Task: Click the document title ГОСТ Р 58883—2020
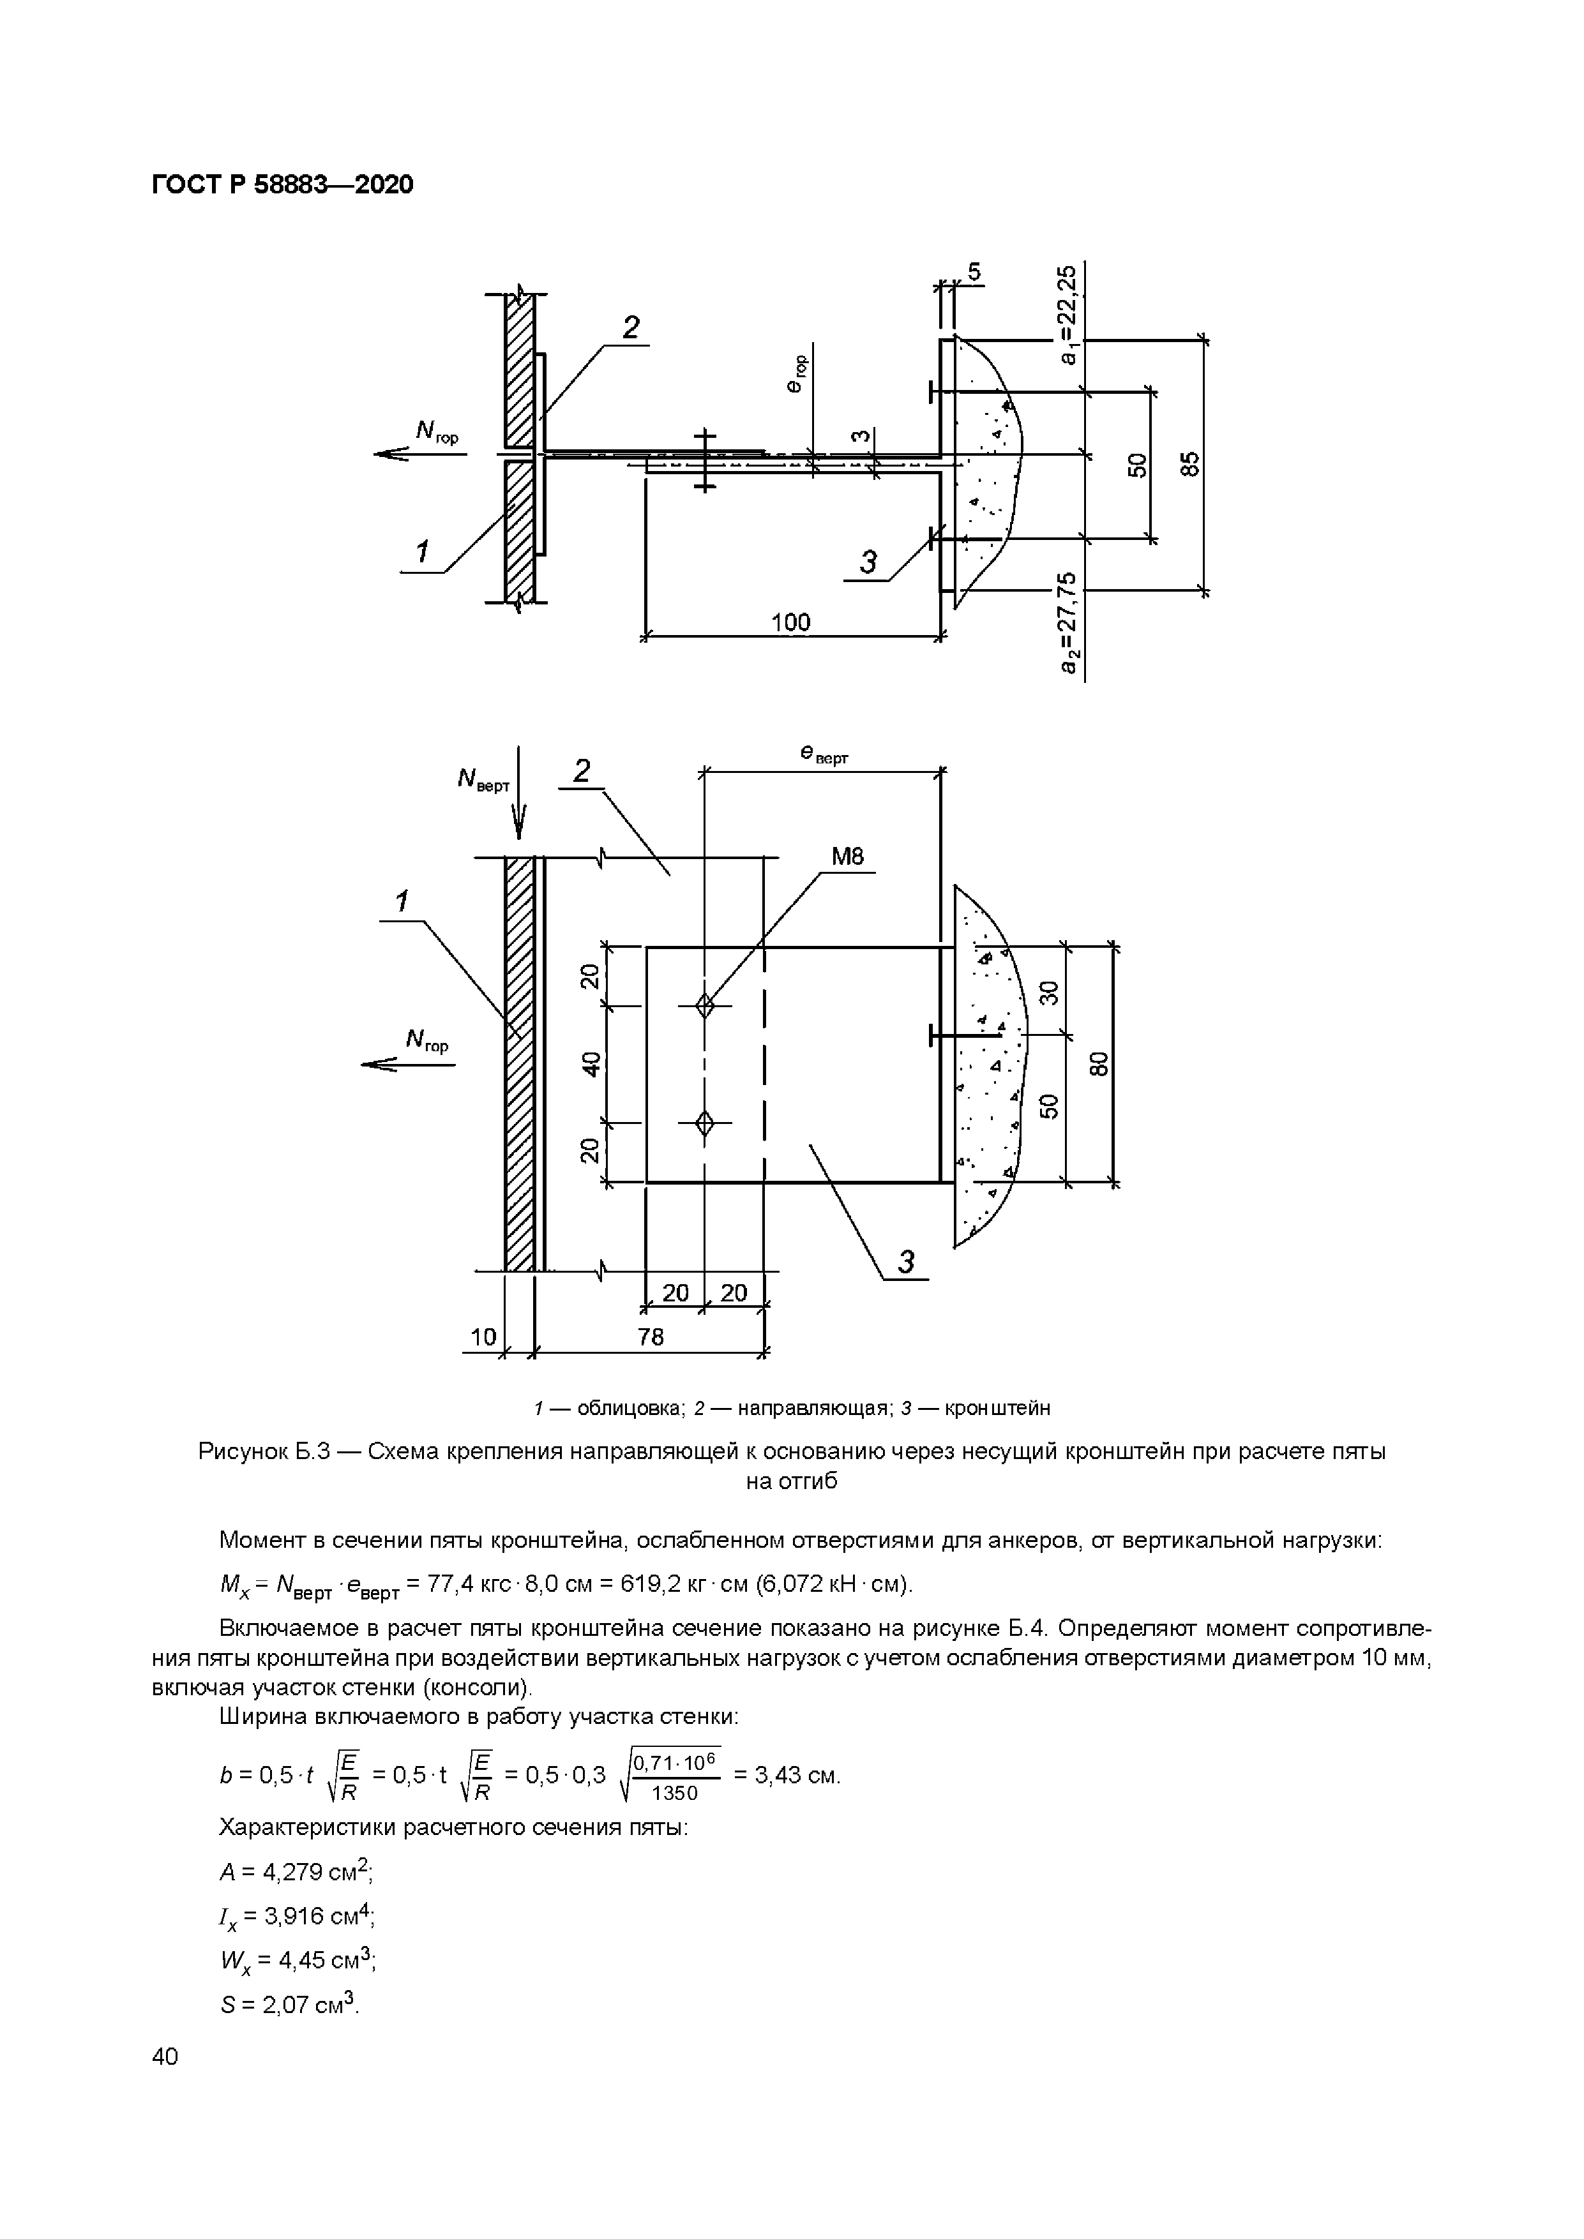pos(283,184)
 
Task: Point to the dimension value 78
pos(651,1337)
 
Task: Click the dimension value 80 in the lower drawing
pos(1099,1064)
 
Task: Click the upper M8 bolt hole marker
pos(704,1005)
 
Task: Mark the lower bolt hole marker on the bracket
pos(704,1123)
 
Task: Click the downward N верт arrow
pos(519,794)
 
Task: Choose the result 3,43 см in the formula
pos(786,1776)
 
